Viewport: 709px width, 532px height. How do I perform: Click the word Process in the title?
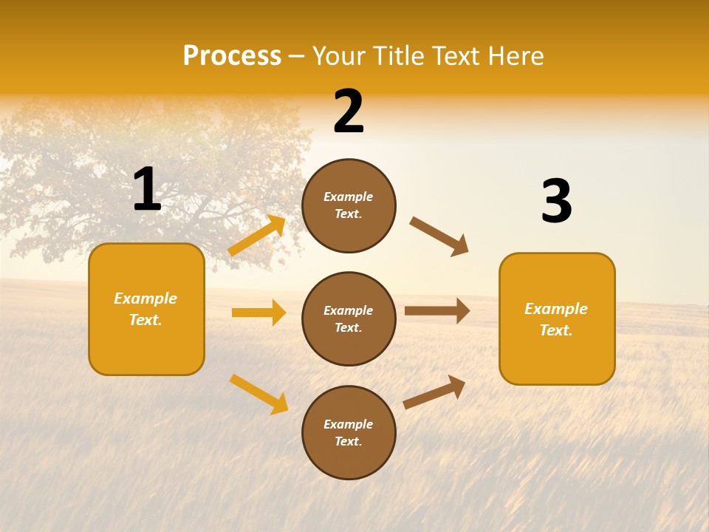pos(232,56)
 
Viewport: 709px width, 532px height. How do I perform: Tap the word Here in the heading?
pos(513,56)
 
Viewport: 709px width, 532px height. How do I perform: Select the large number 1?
pos(147,190)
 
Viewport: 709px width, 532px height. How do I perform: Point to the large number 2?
pos(349,112)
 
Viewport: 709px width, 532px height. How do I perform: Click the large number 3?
pos(556,202)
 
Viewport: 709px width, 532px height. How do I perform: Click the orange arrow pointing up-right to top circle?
pos(257,236)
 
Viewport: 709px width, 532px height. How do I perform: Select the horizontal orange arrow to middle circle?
pos(258,313)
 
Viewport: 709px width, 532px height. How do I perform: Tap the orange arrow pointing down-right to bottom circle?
pos(258,394)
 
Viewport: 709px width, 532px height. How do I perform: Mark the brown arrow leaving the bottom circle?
pos(434,392)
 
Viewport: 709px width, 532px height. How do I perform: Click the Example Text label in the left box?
pos(145,309)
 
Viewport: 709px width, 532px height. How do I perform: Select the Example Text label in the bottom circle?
pos(349,432)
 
